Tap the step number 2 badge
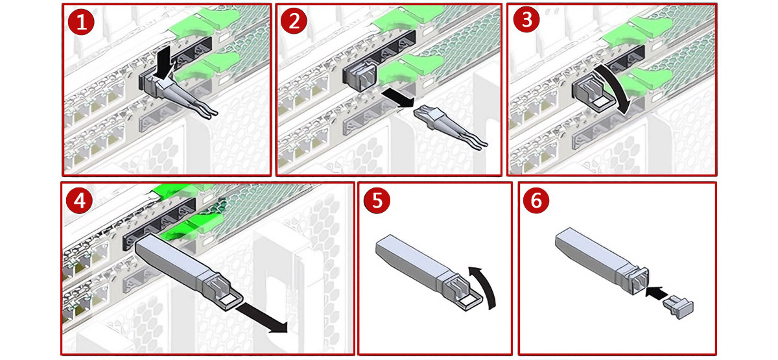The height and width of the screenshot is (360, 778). point(294,21)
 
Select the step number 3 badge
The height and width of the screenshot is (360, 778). point(526,20)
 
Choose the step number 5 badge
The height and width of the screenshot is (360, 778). point(377,200)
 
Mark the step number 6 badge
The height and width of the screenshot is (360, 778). point(536,200)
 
